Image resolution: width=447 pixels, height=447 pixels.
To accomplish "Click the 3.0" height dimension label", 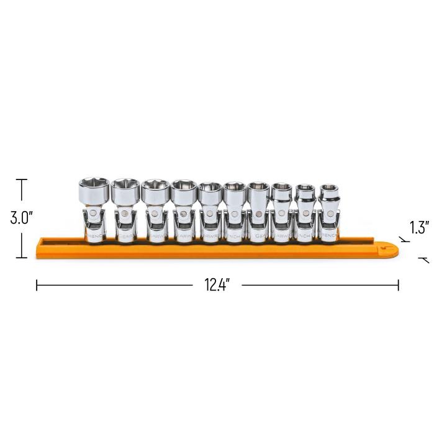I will (x=21, y=219).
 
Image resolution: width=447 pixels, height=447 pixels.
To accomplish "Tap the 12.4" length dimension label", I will (x=217, y=285).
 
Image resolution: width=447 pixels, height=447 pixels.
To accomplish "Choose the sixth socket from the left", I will (x=233, y=210).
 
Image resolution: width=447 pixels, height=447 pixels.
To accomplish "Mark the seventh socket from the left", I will (x=257, y=210).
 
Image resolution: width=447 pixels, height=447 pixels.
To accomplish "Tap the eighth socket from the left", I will (x=281, y=210).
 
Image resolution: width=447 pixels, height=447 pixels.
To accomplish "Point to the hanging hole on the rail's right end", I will (x=390, y=248).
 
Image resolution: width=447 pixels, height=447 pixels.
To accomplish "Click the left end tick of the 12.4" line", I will (x=37, y=285).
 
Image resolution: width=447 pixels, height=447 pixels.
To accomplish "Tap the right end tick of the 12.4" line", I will (x=398, y=285).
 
